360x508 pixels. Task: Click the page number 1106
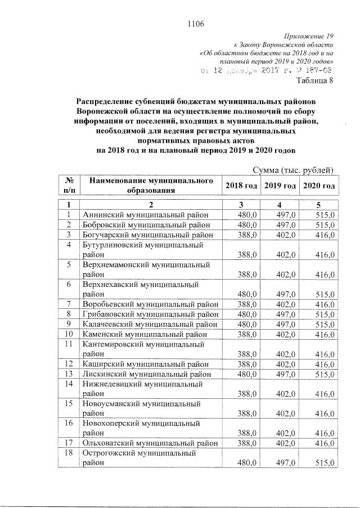point(194,24)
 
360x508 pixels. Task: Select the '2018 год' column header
point(241,186)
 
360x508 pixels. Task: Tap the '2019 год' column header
point(280,186)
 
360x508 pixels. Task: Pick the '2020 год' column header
point(318,186)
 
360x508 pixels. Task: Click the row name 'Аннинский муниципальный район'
point(145,214)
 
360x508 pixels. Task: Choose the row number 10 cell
point(68,334)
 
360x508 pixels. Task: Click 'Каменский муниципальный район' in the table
point(145,334)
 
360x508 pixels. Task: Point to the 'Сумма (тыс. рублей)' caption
point(294,170)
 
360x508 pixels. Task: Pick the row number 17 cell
point(68,443)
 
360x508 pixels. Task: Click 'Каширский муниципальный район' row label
point(145,364)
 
